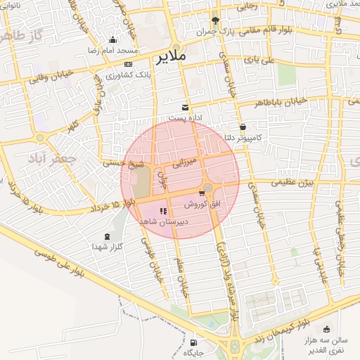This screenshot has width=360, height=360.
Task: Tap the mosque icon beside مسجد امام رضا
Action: [113, 39]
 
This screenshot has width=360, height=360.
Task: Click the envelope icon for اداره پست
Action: [185, 107]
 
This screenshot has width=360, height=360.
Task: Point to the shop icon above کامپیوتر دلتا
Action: [243, 127]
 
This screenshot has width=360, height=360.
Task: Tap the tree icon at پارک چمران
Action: [215, 20]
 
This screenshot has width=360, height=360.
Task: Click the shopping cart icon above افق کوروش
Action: [202, 193]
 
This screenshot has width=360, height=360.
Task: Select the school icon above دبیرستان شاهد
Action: [164, 210]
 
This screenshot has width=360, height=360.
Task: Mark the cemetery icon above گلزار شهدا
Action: [107, 236]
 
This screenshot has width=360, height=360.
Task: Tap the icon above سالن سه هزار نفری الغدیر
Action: [326, 329]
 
